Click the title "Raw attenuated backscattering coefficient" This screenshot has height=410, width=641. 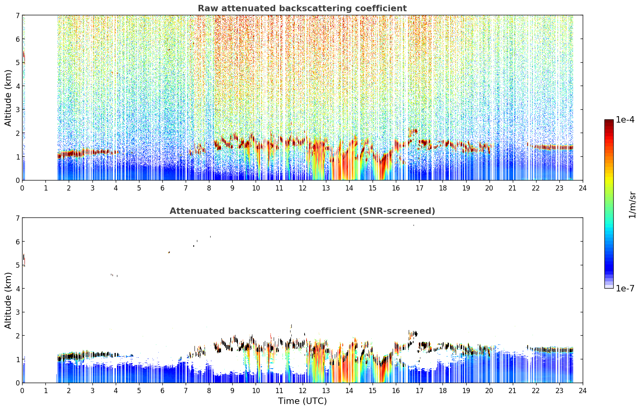302,8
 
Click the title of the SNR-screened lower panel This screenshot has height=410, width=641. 302,211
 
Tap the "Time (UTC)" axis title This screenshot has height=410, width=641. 302,401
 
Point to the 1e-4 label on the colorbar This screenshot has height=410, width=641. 625,120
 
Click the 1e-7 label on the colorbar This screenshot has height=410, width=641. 625,288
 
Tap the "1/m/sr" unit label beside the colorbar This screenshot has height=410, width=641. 632,205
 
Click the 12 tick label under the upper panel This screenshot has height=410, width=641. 303,188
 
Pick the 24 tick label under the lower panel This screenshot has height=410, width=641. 583,391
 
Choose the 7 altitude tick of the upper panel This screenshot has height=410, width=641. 18,15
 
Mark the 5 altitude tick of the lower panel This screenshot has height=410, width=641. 18,265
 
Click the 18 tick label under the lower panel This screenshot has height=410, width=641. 443,391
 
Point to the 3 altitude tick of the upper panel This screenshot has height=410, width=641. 18,110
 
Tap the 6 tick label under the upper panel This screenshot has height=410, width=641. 162,188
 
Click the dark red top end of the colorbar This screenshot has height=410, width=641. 609,121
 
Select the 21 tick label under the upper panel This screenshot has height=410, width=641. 512,188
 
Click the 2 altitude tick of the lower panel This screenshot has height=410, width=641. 18,336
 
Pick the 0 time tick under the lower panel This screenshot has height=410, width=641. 23,391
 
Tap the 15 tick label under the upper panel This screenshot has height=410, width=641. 373,188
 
